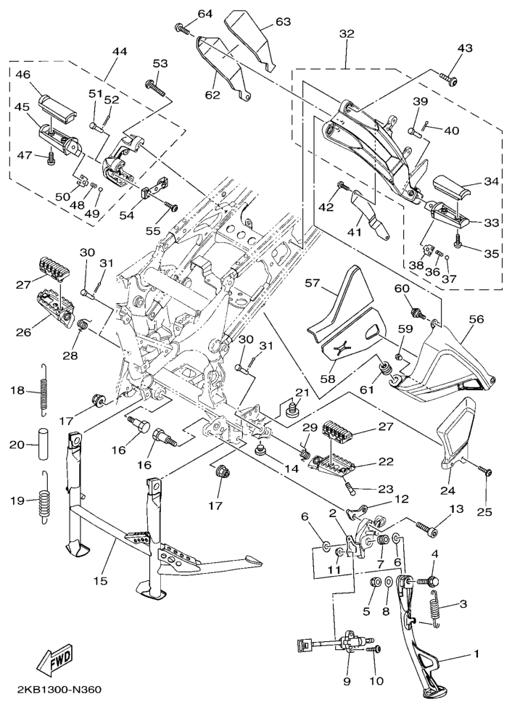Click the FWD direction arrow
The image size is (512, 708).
(54, 661)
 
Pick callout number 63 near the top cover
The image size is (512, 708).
(283, 22)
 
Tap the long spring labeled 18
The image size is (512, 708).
(45, 392)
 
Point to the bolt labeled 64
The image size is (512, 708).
(181, 29)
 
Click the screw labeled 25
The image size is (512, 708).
(484, 472)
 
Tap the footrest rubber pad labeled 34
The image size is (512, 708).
(455, 188)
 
